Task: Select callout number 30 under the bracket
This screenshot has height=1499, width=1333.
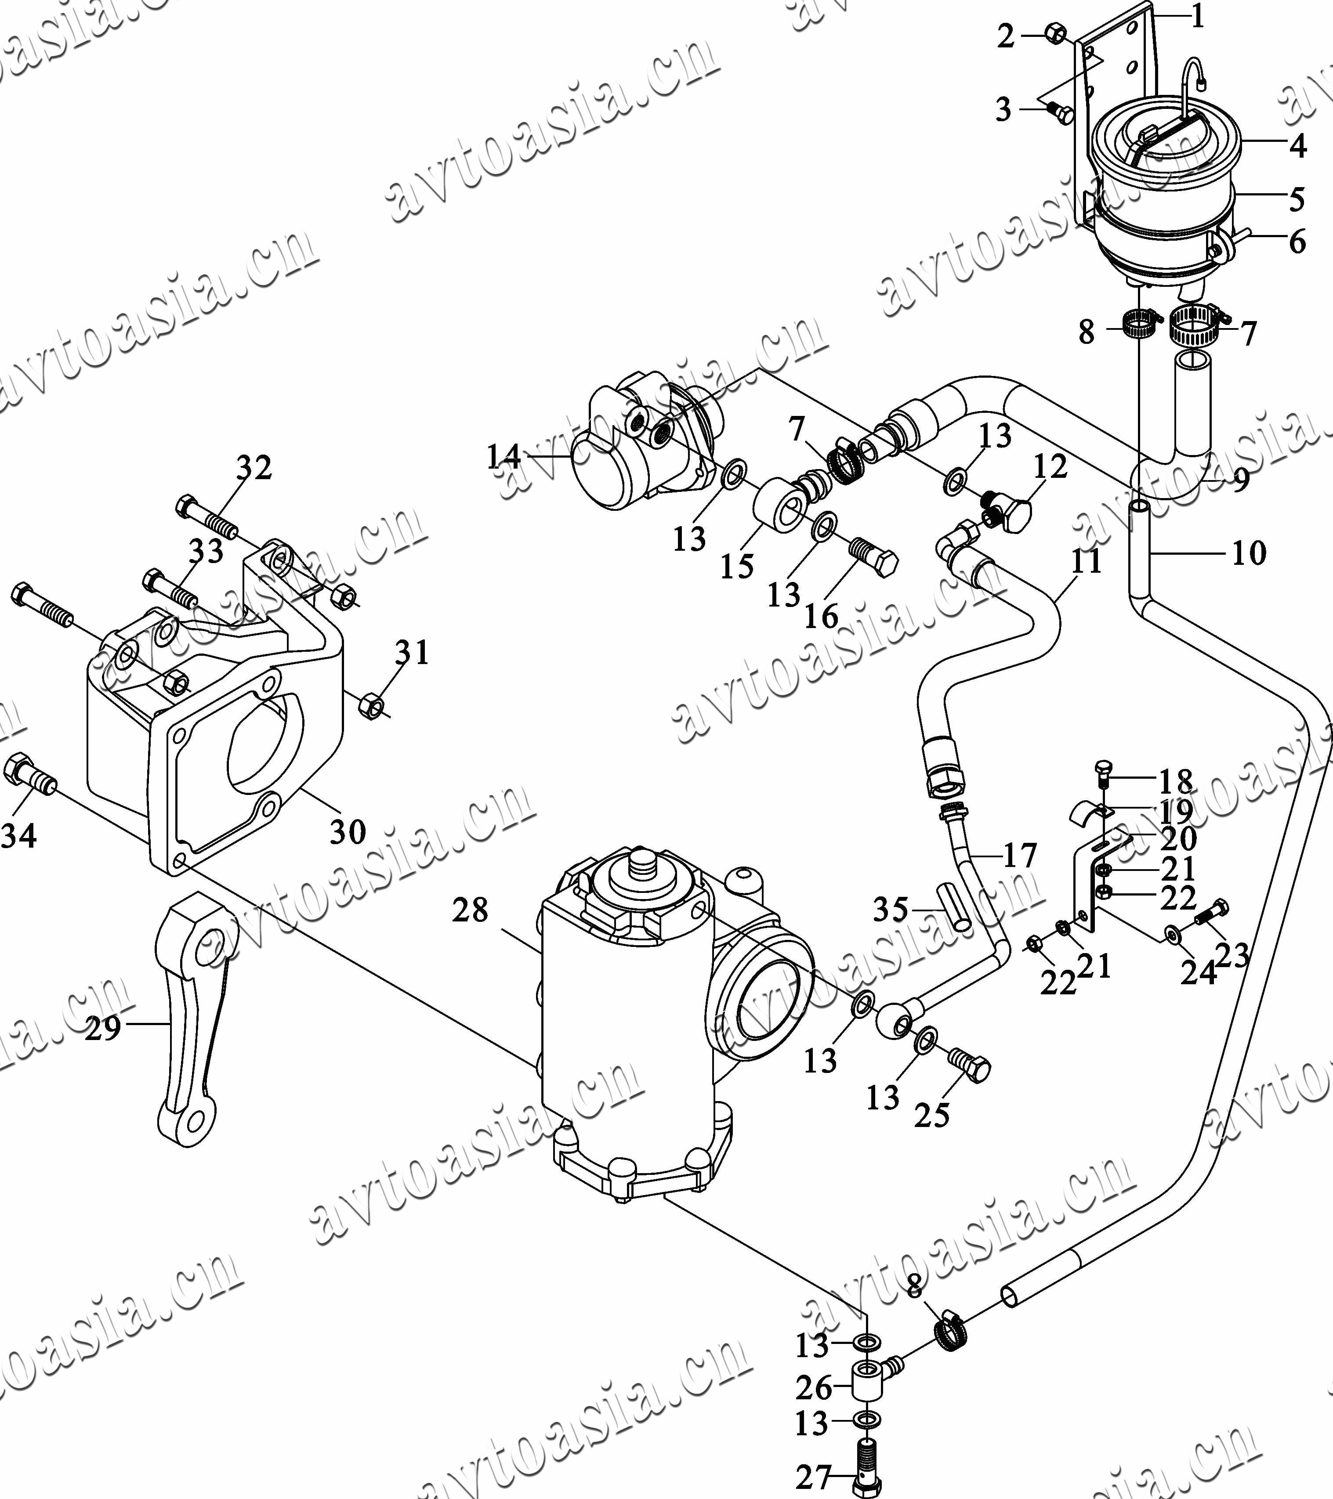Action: (x=347, y=832)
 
